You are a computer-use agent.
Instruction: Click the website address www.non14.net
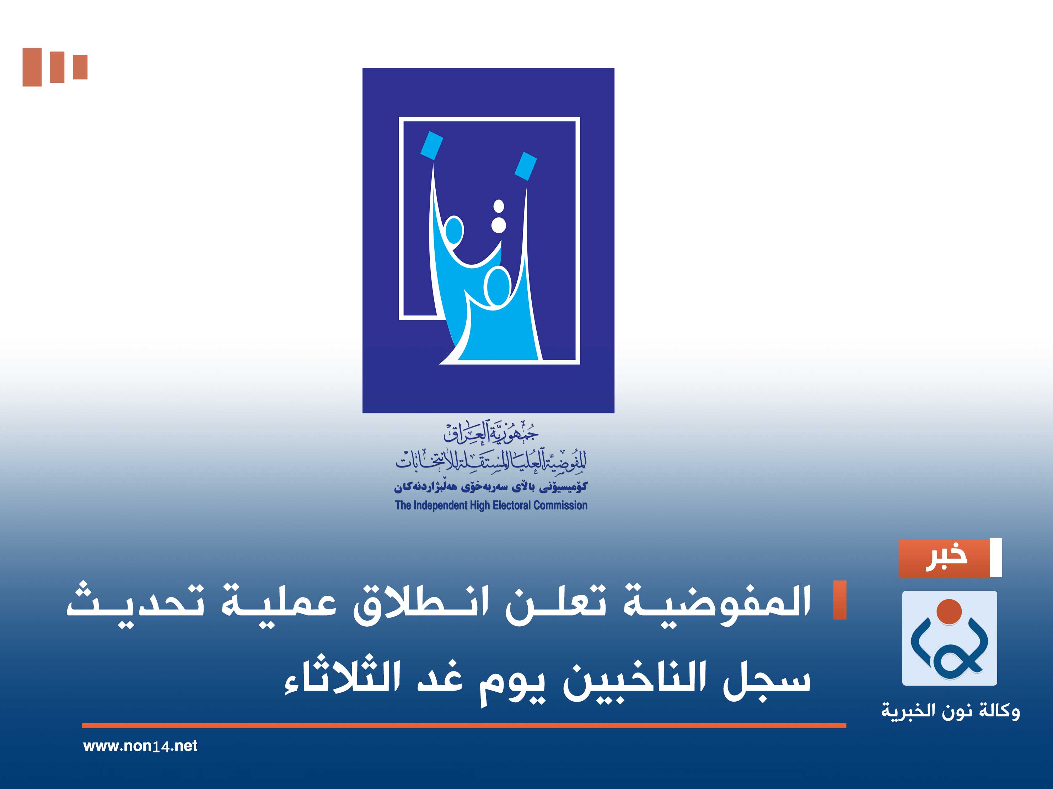pos(140,746)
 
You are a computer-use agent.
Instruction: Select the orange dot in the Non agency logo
pos(949,611)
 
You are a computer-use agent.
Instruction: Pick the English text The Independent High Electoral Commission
pos(491,506)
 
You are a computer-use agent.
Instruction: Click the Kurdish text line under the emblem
pos(491,487)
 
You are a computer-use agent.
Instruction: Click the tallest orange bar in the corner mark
pos(32,67)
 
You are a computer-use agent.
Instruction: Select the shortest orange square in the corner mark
pos(80,67)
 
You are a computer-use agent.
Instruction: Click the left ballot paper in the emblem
pos(432,145)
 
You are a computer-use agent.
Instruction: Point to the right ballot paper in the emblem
pos(526,166)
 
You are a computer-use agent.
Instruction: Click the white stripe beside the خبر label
pos(996,558)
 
